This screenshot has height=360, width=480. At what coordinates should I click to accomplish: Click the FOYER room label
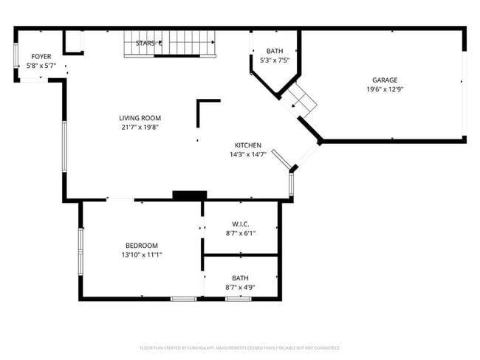pos(40,57)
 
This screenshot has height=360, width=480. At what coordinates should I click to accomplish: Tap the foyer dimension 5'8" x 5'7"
pos(40,66)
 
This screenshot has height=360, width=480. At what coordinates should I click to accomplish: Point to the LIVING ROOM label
pos(140,118)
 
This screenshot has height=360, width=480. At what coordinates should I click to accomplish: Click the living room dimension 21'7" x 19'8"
pos(140,127)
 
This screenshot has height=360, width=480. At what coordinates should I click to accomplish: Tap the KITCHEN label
pos(247,145)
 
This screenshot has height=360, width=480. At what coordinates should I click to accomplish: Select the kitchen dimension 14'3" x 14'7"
pos(247,154)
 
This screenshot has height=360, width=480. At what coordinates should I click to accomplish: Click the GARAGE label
pos(385,80)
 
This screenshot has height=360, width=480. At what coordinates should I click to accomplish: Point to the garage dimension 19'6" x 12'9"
pos(385,89)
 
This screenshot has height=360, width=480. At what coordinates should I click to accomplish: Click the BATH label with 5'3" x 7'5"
pos(274,51)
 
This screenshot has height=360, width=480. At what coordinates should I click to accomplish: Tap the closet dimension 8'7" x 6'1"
pos(240,233)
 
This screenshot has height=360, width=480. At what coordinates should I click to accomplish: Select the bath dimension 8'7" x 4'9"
pos(240,287)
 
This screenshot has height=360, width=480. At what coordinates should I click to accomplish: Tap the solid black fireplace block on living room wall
pos(189,195)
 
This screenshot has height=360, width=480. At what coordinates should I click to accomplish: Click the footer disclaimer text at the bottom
pos(240,347)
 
